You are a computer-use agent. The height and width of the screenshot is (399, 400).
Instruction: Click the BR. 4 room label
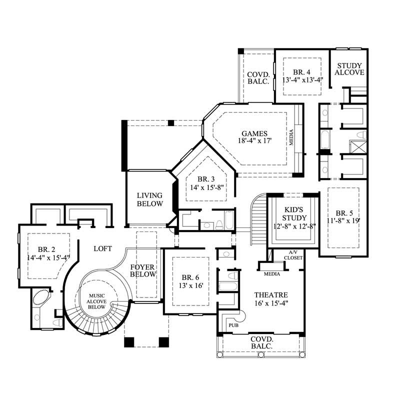(x=302, y=72)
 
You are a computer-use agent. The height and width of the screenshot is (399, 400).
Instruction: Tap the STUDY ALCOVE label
(x=349, y=69)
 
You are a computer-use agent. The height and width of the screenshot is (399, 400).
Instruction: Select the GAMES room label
(x=254, y=133)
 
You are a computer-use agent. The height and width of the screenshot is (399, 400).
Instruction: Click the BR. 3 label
(x=205, y=179)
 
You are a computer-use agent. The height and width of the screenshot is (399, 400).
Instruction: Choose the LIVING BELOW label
(x=150, y=199)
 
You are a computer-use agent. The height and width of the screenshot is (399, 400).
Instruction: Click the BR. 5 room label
(x=344, y=212)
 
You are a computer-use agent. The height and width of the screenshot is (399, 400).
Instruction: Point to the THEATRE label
(x=270, y=295)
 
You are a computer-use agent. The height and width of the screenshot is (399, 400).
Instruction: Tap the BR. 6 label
(x=190, y=277)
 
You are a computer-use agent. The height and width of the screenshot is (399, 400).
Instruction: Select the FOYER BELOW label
(x=143, y=270)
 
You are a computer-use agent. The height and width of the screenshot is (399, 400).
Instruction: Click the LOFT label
(x=102, y=248)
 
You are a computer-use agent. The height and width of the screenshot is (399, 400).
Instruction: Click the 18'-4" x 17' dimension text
(x=254, y=141)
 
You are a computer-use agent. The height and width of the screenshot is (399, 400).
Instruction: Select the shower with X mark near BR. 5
(x=358, y=146)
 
